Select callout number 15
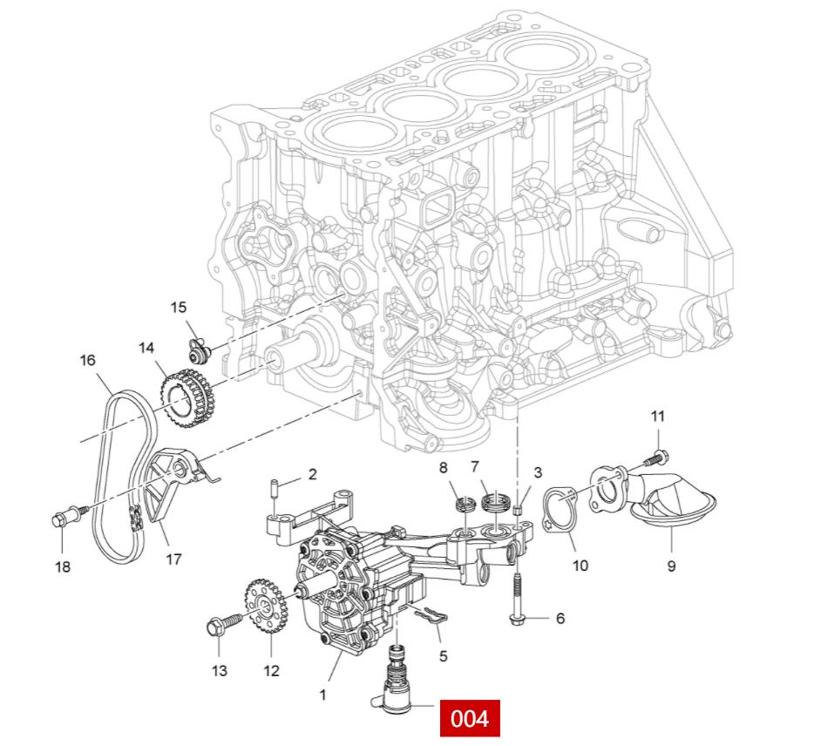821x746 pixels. [x=179, y=307]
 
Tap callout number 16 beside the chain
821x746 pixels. [x=88, y=360]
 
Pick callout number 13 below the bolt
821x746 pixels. [x=220, y=670]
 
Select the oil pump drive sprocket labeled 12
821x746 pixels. [x=261, y=607]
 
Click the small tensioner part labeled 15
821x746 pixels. [x=200, y=349]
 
